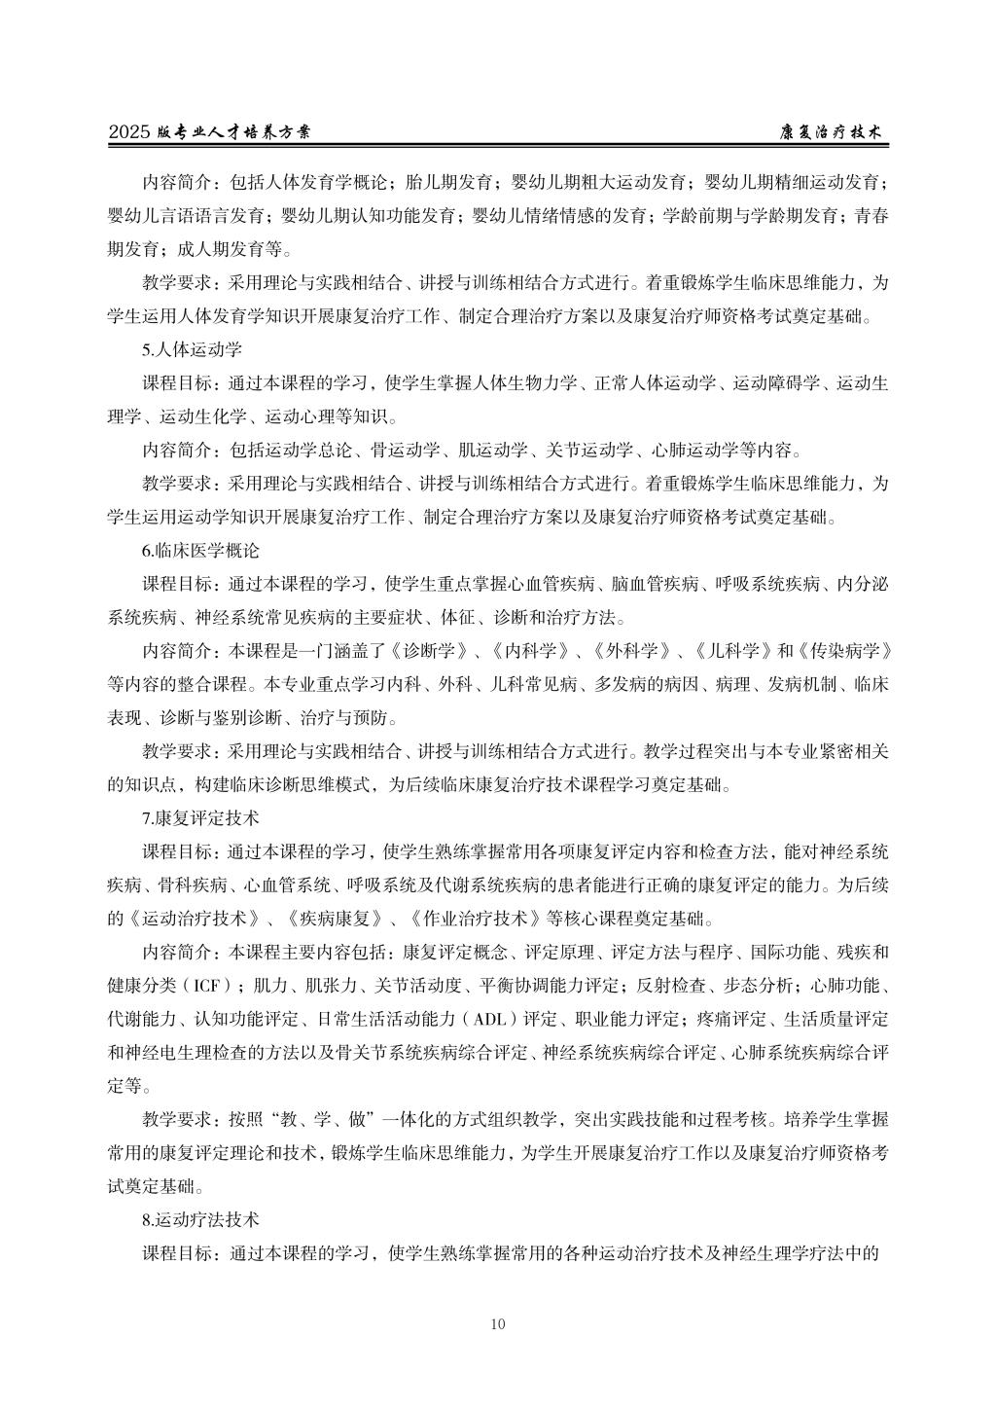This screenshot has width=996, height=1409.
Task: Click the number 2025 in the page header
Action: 129,132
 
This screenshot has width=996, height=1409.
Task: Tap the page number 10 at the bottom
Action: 498,1323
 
